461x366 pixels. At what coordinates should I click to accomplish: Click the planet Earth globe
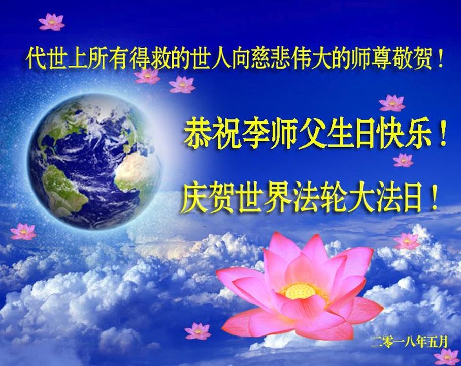[94, 161]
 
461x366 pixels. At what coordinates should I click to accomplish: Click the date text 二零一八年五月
[409, 342]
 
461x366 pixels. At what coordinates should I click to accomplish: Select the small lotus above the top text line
[52, 22]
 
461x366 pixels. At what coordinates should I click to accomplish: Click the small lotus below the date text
[447, 357]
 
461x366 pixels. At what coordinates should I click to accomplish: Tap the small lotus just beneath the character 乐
[403, 160]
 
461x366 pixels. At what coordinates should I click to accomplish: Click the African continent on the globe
[137, 171]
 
